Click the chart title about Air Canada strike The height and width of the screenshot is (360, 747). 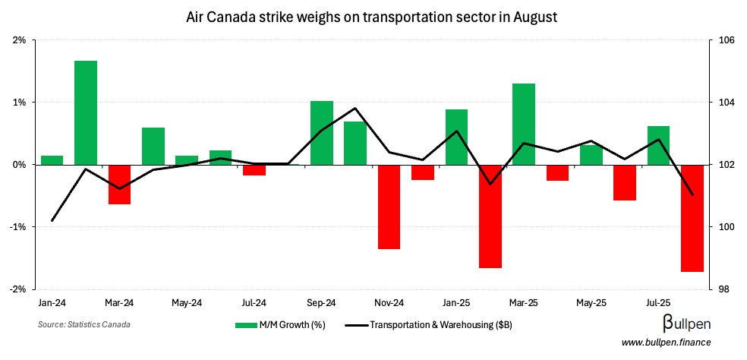click(x=372, y=16)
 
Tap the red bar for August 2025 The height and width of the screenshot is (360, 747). click(x=692, y=218)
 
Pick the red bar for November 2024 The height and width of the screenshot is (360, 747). click(x=389, y=207)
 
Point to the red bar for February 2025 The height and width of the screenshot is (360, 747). click(x=490, y=216)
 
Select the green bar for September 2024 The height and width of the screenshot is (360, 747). click(x=322, y=133)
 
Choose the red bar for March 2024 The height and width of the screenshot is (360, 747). click(x=119, y=185)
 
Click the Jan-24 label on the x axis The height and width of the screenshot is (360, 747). click(x=52, y=302)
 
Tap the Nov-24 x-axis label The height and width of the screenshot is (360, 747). click(x=388, y=302)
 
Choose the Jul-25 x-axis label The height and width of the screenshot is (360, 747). click(x=657, y=302)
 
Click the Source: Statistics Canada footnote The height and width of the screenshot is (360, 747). click(x=84, y=325)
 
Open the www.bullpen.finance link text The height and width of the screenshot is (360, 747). click(x=666, y=343)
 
